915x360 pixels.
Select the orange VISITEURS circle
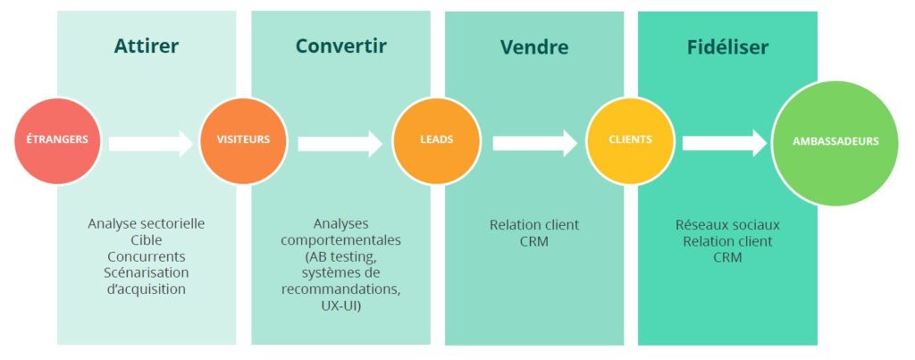243,140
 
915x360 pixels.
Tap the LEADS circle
436,140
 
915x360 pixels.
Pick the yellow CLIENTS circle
630,140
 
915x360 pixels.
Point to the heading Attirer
147,46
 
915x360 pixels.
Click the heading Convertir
340,46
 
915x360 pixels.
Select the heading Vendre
533,46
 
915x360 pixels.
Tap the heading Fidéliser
727,46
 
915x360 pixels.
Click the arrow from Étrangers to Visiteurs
150,142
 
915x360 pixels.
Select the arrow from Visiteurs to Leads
340,143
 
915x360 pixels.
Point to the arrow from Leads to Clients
533,143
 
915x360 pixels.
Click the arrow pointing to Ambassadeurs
724,143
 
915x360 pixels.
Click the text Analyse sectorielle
147,224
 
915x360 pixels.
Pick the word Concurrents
147,256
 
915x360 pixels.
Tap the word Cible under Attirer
147,240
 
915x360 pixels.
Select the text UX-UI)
340,305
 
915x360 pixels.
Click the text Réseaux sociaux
727,224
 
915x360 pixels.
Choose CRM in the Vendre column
533,241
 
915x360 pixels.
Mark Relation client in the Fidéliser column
727,241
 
